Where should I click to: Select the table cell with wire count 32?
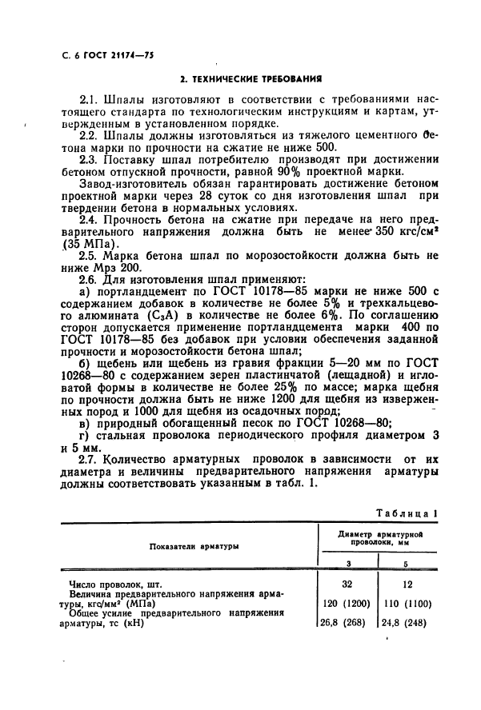tap(347, 584)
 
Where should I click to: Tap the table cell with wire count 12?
tap(411, 584)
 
